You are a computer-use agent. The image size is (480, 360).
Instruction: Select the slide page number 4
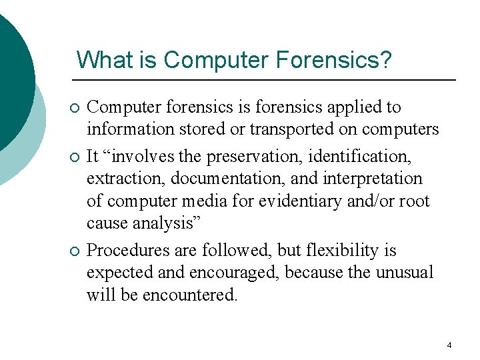(449, 345)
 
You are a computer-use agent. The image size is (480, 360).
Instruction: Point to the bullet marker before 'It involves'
(74, 157)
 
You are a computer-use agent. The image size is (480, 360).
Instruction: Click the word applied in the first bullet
(354, 107)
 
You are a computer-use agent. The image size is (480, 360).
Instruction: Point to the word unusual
(405, 273)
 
